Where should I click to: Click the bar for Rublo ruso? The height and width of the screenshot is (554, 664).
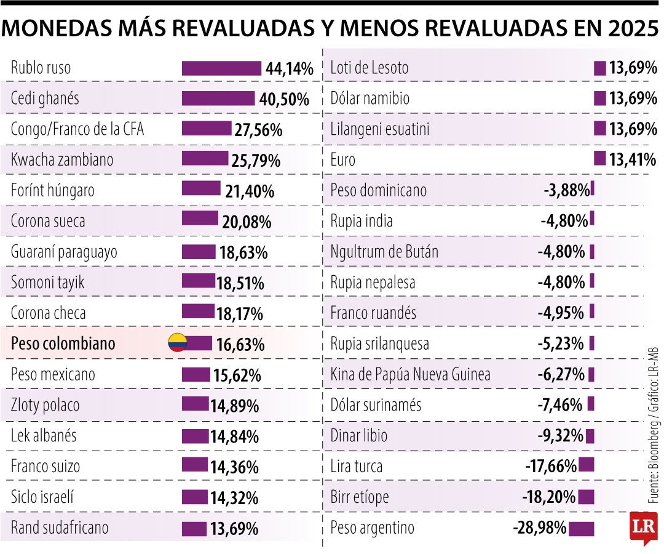(x=221, y=68)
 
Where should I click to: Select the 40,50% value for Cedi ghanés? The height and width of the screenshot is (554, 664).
(x=284, y=99)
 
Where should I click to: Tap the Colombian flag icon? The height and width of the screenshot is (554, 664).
(x=178, y=343)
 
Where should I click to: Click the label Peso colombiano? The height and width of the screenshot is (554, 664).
(x=63, y=343)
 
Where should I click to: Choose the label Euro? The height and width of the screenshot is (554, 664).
(x=342, y=160)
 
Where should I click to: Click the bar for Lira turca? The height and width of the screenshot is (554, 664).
(x=587, y=465)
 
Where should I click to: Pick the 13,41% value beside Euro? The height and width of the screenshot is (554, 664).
(x=633, y=160)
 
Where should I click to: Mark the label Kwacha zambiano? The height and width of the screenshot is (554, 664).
(x=62, y=160)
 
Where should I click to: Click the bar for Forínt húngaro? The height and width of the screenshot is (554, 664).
(x=201, y=190)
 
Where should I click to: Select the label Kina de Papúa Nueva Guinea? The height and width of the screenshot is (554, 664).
(x=410, y=374)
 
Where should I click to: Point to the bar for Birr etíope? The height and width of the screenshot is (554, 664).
(x=587, y=496)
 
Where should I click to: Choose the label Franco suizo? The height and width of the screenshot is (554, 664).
(x=45, y=467)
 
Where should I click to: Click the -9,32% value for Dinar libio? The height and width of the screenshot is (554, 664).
(x=560, y=436)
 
